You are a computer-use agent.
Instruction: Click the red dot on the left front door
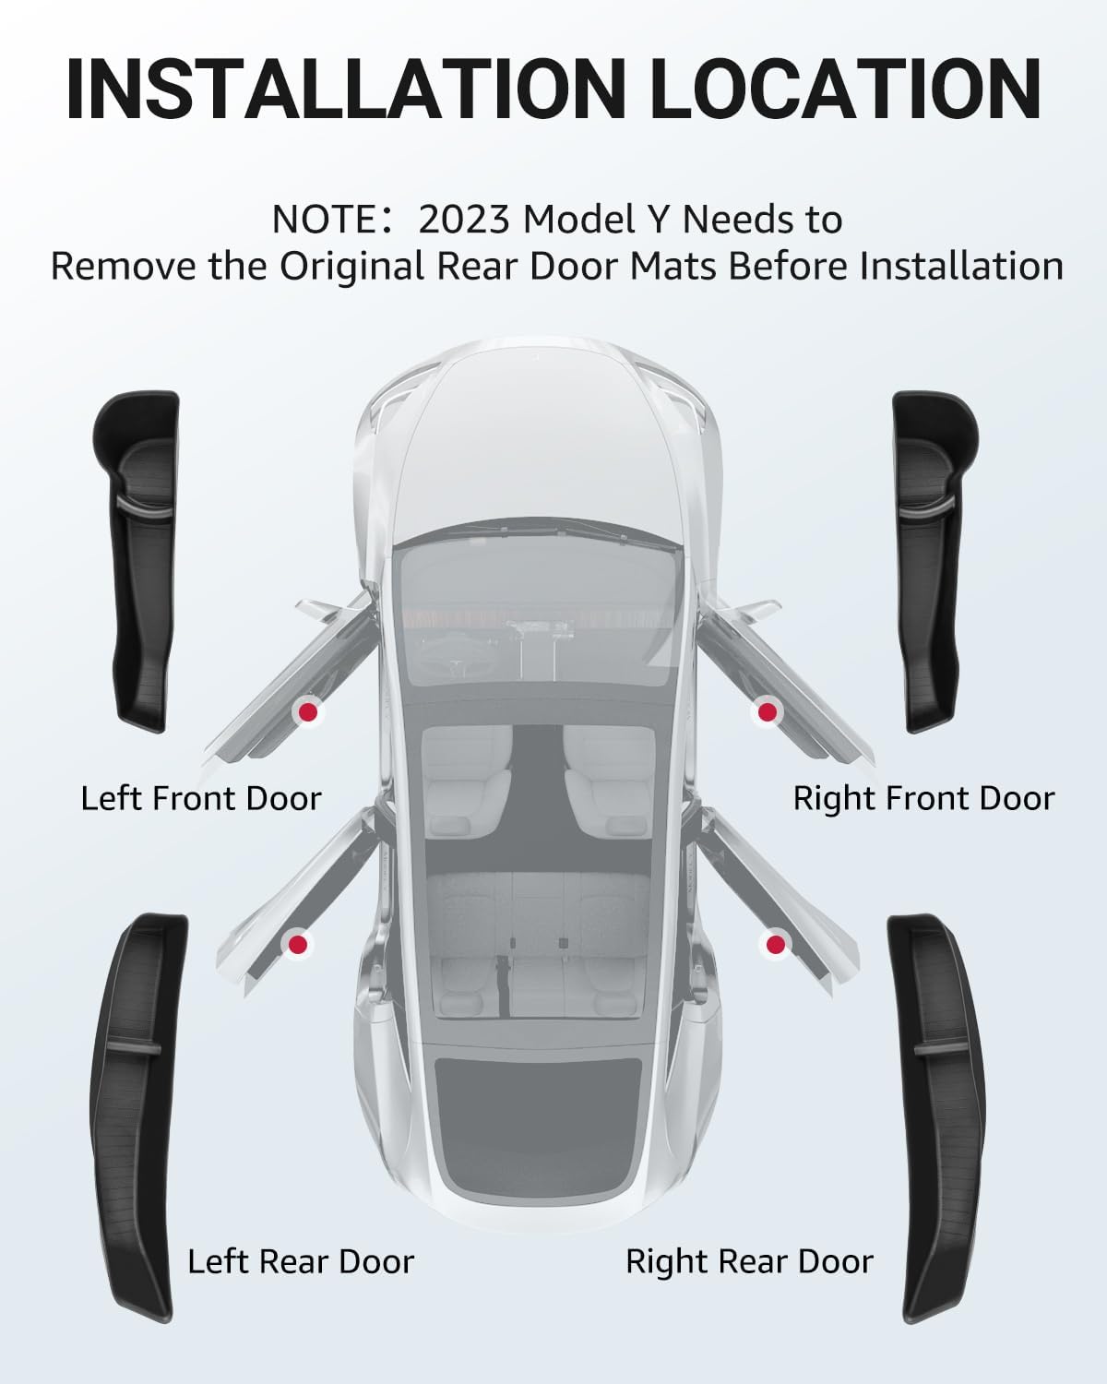tap(307, 711)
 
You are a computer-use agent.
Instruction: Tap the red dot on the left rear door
tap(297, 944)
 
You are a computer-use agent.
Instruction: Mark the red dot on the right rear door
tap(775, 944)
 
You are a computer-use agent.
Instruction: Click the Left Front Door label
tap(201, 798)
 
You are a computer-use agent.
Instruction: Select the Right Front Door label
tap(923, 798)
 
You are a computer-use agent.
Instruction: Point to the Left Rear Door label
tap(301, 1261)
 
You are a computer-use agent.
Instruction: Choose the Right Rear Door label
tap(749, 1261)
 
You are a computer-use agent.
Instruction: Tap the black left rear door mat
tap(138, 1107)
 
